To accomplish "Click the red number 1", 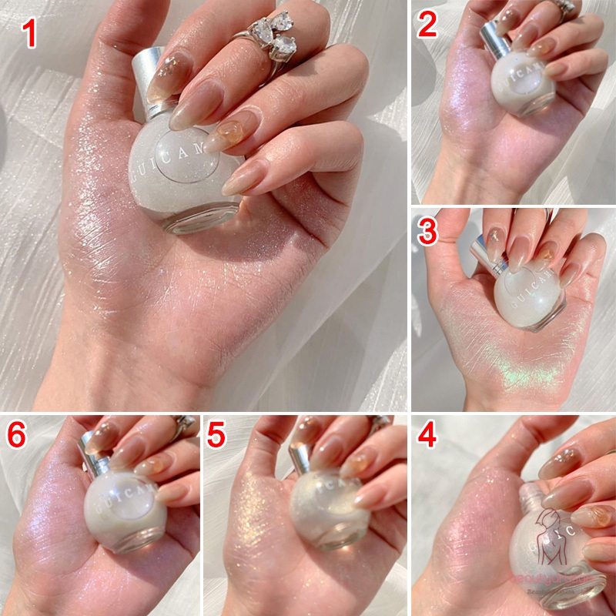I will (x=30, y=34).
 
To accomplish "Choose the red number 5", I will (x=217, y=436).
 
